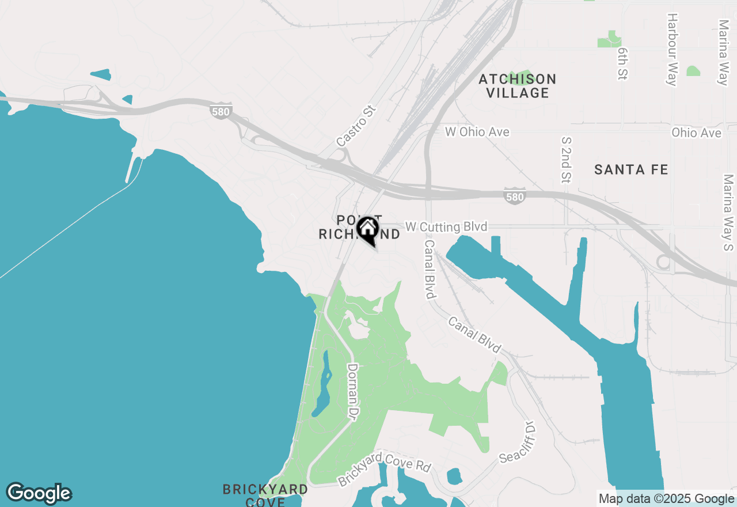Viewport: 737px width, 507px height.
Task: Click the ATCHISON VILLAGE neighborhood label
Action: point(518,86)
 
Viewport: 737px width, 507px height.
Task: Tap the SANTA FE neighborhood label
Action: point(631,169)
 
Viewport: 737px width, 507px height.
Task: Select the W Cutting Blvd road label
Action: point(446,226)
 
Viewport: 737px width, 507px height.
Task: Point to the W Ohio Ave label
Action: point(477,132)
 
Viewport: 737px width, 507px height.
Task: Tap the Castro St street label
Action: point(355,126)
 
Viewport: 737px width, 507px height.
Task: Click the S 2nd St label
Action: point(565,160)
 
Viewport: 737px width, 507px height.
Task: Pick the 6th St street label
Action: point(622,63)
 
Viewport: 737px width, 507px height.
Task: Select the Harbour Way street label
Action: point(671,49)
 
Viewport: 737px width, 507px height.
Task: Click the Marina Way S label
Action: point(728,213)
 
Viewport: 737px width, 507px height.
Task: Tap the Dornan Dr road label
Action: point(353,391)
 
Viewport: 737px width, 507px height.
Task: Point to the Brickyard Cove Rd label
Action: point(384,468)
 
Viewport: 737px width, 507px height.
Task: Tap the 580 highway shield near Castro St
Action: point(221,112)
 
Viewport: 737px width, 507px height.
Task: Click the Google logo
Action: point(39,493)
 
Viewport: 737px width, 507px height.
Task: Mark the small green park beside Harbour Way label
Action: point(693,71)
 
